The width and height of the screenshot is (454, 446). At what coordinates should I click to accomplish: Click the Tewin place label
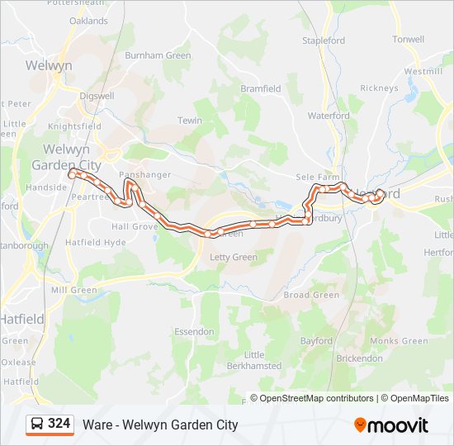[190, 121]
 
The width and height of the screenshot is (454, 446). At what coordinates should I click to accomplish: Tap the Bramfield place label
[261, 88]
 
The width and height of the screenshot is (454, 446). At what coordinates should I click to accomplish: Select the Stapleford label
[324, 40]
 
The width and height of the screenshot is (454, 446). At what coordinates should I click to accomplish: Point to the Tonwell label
[409, 40]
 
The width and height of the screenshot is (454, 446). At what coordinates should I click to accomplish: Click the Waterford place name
[329, 116]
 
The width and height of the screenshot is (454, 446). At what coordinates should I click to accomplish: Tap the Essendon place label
[193, 331]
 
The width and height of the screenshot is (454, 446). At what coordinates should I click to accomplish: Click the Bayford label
[316, 340]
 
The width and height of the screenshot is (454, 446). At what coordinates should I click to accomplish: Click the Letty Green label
[234, 258]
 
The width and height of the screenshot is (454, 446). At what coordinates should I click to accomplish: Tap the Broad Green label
[311, 295]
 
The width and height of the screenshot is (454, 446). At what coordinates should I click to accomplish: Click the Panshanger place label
[144, 175]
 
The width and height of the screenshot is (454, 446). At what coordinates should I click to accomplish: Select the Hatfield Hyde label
[97, 243]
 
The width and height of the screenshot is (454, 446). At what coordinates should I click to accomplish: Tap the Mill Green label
[73, 290]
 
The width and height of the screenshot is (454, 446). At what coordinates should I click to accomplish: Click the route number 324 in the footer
[59, 424]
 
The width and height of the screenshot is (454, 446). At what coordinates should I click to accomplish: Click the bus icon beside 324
[37, 425]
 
